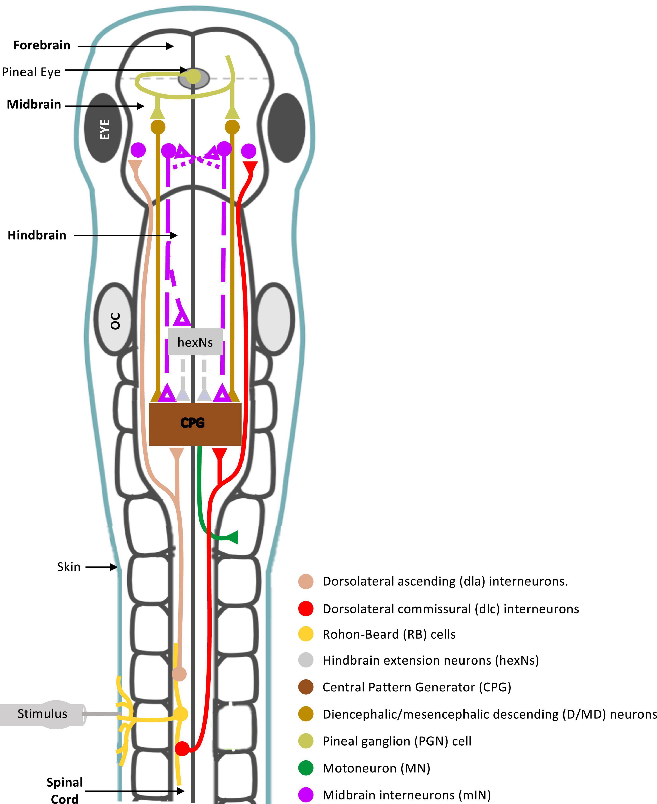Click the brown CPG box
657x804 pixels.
point(195,424)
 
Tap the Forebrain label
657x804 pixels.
point(42,45)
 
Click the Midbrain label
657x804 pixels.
point(34,104)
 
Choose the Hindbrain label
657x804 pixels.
point(37,235)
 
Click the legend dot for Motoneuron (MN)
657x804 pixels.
point(306,768)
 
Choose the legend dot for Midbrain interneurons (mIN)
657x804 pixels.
point(306,795)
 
